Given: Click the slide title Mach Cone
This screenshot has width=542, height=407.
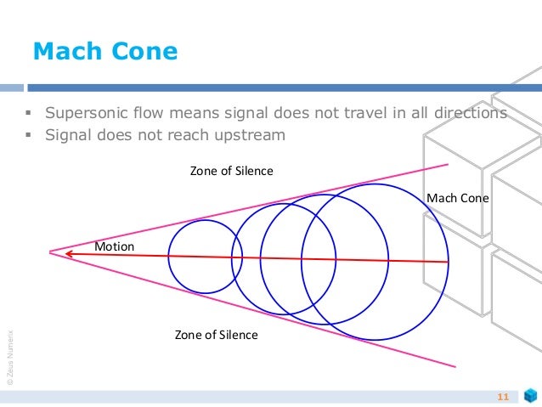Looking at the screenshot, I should (104, 52).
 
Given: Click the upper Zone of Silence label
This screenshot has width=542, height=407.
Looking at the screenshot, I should (231, 171).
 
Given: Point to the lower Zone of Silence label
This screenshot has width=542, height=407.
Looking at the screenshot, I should (216, 335).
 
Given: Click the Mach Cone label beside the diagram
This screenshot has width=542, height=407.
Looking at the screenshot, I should (458, 198).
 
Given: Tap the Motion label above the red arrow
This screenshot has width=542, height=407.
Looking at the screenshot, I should (114, 246).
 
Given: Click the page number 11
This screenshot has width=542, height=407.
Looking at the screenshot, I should (501, 397).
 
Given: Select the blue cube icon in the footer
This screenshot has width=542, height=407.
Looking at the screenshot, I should (530, 397).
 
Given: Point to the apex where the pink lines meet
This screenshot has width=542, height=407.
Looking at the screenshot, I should (50, 252).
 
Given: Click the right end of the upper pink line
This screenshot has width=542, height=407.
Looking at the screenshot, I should (448, 164).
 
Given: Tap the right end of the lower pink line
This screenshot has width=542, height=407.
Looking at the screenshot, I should (455, 366).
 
